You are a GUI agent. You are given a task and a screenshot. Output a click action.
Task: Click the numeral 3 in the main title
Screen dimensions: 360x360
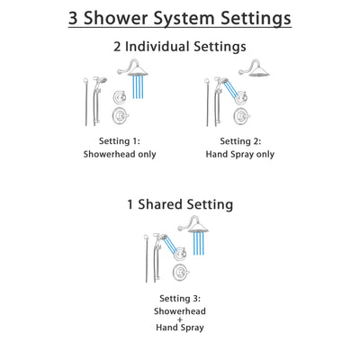coord(76,18)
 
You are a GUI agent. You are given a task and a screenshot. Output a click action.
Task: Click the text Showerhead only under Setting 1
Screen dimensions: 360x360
coord(120,154)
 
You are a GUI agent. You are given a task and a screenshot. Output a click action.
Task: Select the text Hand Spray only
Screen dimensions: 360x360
coord(239,154)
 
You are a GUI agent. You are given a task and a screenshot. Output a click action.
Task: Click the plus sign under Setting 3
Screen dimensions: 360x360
coord(180,319)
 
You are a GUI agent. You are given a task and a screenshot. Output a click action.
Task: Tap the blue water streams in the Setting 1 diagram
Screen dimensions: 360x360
coord(139,86)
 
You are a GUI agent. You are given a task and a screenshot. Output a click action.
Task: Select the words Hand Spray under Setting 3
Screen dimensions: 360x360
coord(180,329)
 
